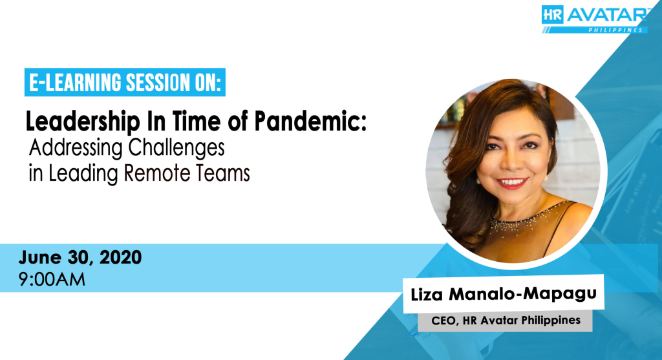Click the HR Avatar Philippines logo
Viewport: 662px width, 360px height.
(x=595, y=19)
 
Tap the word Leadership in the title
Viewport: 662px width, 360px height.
(x=83, y=122)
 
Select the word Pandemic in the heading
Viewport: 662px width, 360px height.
(x=310, y=122)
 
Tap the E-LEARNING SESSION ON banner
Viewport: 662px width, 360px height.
(x=125, y=82)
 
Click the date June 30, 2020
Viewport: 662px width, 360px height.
(x=80, y=258)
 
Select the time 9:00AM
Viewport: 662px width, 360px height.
(x=52, y=279)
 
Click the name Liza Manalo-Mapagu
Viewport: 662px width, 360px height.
(x=503, y=293)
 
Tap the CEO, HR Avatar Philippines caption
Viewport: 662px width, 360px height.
(x=506, y=321)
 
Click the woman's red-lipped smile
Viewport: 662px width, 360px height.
(x=512, y=183)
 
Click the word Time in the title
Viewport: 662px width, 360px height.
(x=196, y=122)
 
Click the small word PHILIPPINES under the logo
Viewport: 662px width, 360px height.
(x=615, y=30)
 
